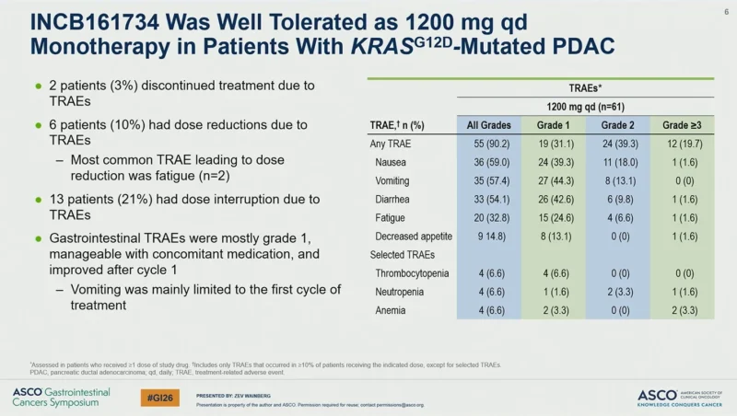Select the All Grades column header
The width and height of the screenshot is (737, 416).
click(489, 125)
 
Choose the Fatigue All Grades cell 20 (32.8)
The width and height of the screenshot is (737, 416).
click(489, 216)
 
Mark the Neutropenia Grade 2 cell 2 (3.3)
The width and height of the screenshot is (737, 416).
click(618, 291)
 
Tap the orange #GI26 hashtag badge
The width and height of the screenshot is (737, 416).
click(161, 397)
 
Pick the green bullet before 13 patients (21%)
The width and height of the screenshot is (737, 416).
click(37, 199)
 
